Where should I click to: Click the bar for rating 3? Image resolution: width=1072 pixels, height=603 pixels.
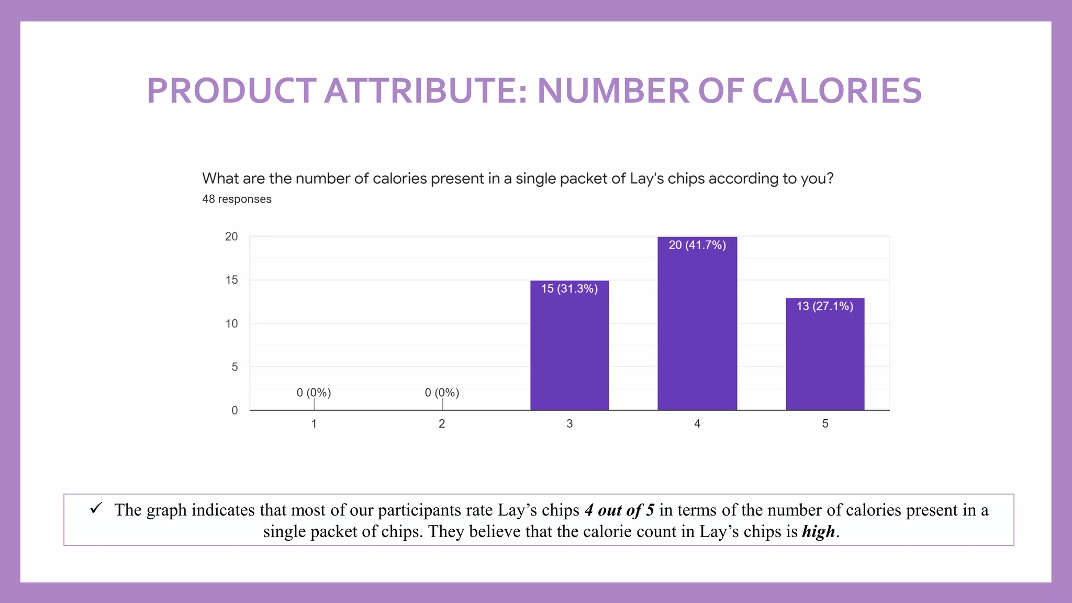[569, 351]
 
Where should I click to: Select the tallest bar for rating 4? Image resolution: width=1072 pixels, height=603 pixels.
[697, 330]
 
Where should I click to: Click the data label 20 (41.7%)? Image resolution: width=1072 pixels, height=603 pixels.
[697, 245]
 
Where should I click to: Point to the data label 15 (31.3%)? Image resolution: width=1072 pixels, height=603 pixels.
[569, 289]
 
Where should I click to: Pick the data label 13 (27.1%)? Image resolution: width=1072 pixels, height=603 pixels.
[825, 306]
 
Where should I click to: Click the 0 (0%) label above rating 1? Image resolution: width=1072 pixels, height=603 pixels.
[314, 393]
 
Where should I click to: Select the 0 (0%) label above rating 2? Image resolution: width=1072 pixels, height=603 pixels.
[442, 393]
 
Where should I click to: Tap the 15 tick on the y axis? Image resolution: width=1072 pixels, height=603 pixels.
[231, 280]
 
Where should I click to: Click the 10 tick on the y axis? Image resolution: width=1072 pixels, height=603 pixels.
[231, 323]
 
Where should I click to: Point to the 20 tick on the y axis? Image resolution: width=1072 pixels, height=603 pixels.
[231, 237]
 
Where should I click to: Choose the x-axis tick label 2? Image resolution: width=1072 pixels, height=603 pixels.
[442, 423]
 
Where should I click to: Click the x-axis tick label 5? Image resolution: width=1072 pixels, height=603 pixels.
[825, 423]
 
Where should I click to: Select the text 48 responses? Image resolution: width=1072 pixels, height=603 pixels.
[237, 199]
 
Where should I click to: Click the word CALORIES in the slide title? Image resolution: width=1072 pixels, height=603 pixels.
[836, 91]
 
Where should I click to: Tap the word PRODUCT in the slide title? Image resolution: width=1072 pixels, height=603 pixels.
[231, 91]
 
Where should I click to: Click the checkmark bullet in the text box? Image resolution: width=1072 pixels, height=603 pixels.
[96, 508]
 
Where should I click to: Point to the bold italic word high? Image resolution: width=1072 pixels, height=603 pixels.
[818, 532]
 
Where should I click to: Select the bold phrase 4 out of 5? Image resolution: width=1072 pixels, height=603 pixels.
[619, 510]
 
